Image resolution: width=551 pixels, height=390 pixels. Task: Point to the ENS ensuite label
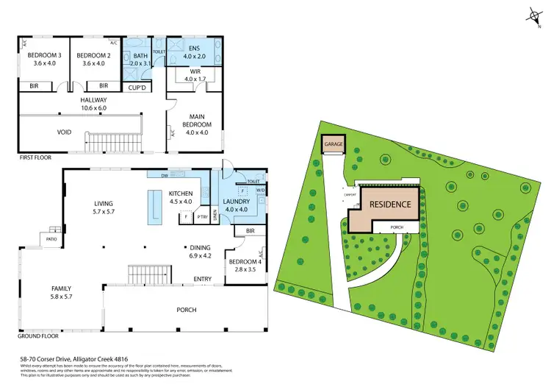coord(190,50)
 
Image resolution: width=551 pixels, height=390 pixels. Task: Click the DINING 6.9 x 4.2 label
coord(200,252)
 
